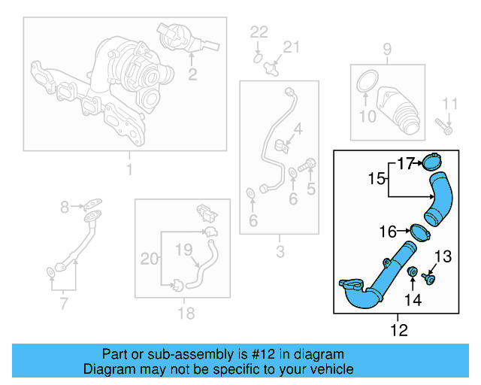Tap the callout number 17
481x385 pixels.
(x=406, y=162)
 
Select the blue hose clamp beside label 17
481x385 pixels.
(x=432, y=162)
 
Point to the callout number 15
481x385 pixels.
(x=377, y=179)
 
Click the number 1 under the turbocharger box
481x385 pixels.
(x=129, y=169)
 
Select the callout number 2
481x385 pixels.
(x=192, y=74)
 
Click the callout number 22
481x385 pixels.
(x=259, y=32)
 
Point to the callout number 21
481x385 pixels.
(x=291, y=47)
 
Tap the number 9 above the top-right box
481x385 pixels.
(x=387, y=50)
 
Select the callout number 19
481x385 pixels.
(x=184, y=249)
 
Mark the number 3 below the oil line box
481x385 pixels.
(x=280, y=252)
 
